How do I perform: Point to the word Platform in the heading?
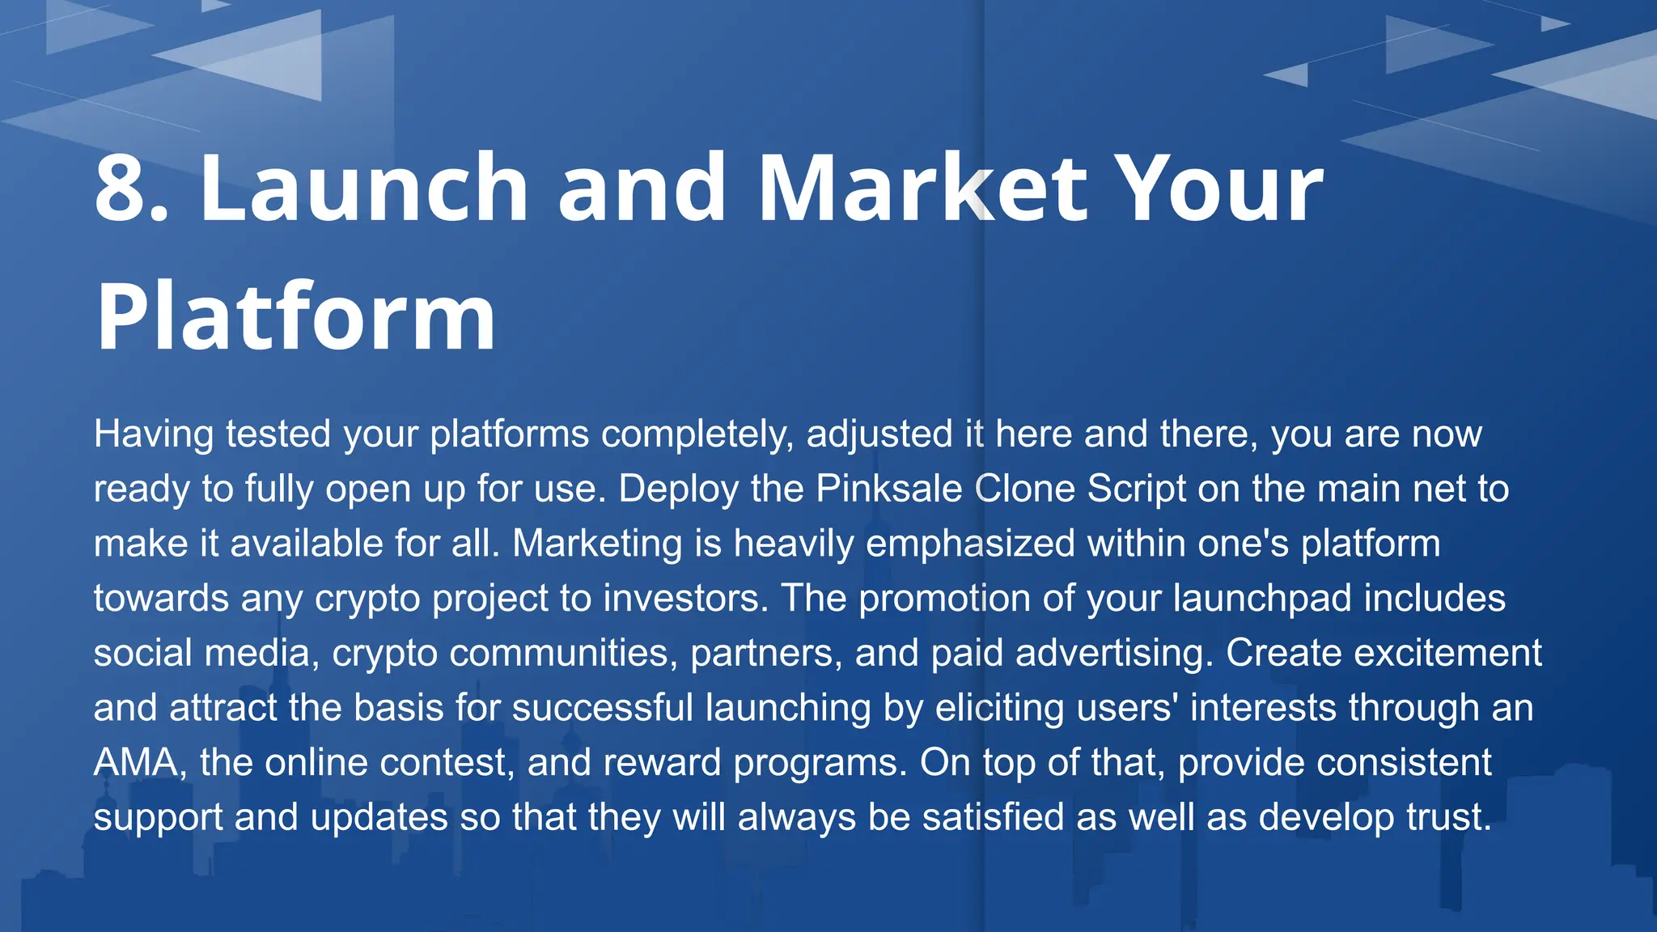[296, 317]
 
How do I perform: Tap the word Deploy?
[678, 489]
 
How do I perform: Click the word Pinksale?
[888, 489]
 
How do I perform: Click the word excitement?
[1442, 653]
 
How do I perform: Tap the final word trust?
[1448, 817]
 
